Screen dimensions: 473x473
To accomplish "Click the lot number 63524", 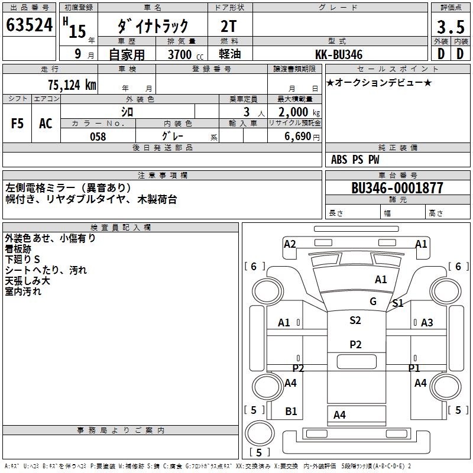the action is pyautogui.click(x=29, y=26).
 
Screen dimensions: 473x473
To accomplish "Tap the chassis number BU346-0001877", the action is pyautogui.click(x=397, y=189).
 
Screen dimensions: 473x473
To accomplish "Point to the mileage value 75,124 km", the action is pyautogui.click(x=72, y=85).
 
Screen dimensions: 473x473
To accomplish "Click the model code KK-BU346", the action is pyautogui.click(x=339, y=54).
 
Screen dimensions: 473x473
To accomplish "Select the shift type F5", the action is pyautogui.click(x=18, y=124).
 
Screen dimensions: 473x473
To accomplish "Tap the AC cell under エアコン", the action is pyautogui.click(x=46, y=124).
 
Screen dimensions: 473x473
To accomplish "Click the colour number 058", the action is pyautogui.click(x=98, y=137).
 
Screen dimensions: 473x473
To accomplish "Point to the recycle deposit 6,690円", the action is pyautogui.click(x=302, y=137).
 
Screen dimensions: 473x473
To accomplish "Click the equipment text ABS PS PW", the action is pyautogui.click(x=355, y=160).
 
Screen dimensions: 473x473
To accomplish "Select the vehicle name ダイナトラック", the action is pyautogui.click(x=153, y=26).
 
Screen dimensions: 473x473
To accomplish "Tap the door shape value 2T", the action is pyautogui.click(x=229, y=26).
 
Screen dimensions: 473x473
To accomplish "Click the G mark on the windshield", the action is pyautogui.click(x=373, y=302).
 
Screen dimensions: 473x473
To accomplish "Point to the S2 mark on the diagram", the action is pyautogui.click(x=355, y=320).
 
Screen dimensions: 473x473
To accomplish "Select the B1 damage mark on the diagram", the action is pyautogui.click(x=291, y=412).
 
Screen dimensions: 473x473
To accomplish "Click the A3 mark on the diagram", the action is pyautogui.click(x=427, y=322).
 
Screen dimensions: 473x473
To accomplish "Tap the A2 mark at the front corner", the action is pyautogui.click(x=290, y=244).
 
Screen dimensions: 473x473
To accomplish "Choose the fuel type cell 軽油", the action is pyautogui.click(x=229, y=54).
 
